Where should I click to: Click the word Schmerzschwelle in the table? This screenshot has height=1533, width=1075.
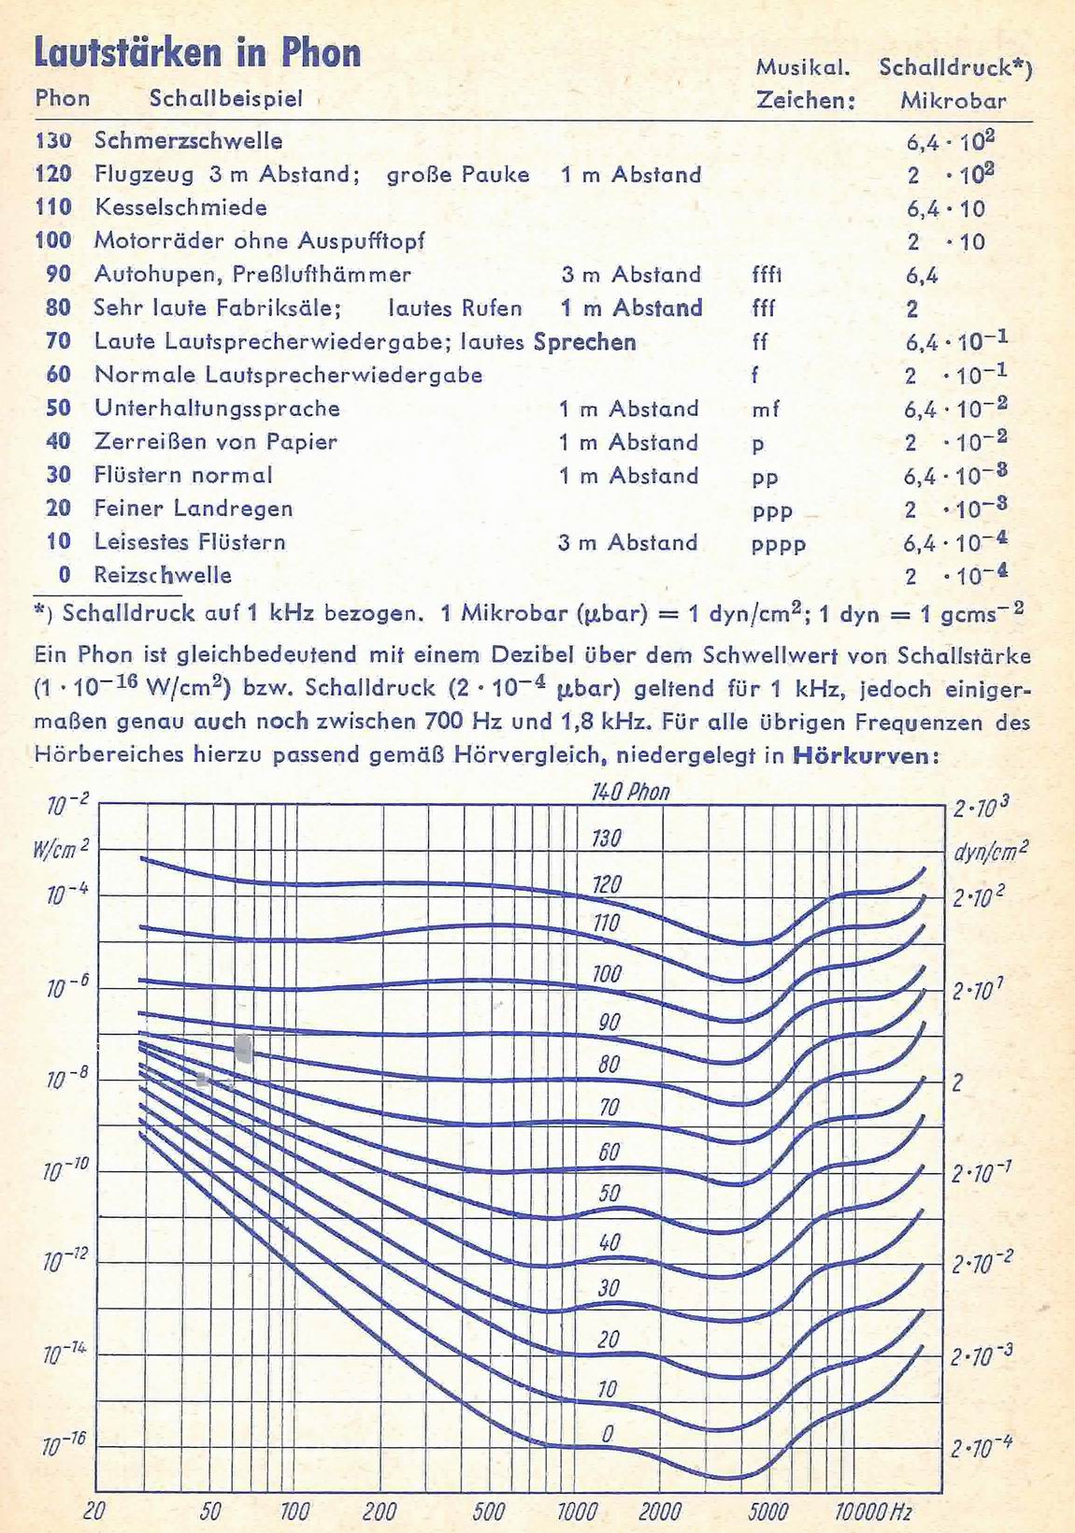coord(188,141)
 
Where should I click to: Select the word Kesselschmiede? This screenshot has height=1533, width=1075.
coord(180,208)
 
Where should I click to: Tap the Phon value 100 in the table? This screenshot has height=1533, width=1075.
coord(53,240)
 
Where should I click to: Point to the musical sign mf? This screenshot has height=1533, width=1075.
coord(765,409)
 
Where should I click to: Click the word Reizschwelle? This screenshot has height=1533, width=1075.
coord(163,575)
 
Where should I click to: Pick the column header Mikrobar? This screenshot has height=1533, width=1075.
coord(953,101)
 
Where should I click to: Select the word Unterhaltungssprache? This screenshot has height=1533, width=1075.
coord(217,408)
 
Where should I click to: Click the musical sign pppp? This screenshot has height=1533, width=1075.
coord(778,544)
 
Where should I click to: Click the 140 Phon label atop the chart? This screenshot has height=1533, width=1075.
coord(631,793)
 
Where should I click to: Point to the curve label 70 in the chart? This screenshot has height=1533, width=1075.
coord(609,1109)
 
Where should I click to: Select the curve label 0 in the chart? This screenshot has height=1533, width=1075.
coord(608,1434)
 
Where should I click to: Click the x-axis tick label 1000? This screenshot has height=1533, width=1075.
coord(577,1511)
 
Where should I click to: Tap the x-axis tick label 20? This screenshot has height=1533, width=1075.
coord(94,1511)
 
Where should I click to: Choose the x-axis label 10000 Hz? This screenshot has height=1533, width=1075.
coord(872,1511)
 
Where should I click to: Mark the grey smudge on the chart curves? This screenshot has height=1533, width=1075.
coord(244,1048)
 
